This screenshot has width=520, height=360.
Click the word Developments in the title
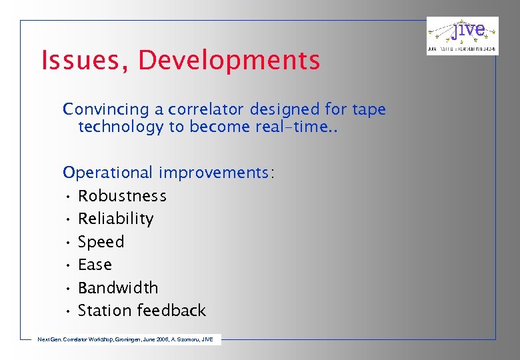[229, 61]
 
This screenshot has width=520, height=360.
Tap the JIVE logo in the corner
[462, 36]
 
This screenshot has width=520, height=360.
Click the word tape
[369, 109]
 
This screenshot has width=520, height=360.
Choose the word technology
[121, 127]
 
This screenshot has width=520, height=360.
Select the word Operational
[108, 173]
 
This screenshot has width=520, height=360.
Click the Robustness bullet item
[122, 196]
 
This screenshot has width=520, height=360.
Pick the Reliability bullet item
[115, 219]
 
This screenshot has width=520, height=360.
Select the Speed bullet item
[101, 242]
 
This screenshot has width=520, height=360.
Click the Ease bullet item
[95, 265]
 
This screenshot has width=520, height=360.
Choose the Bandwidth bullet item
[118, 288]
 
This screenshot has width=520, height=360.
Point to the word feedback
[173, 311]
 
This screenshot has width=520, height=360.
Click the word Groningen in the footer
[117, 339]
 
